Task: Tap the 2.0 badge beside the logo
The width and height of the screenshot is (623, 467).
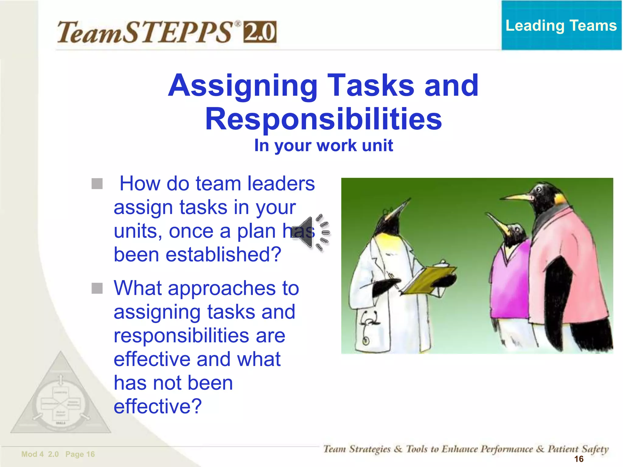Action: (x=260, y=32)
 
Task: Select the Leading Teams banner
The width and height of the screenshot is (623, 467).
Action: (x=561, y=25)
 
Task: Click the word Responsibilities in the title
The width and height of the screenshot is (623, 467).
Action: (x=323, y=119)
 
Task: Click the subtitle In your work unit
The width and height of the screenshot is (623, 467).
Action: (x=323, y=145)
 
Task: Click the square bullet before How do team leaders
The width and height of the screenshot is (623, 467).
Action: (x=97, y=184)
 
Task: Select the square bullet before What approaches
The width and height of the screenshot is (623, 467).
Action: (x=97, y=288)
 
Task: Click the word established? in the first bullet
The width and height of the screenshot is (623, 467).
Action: (x=198, y=254)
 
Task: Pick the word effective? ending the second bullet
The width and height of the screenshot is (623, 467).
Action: (x=158, y=406)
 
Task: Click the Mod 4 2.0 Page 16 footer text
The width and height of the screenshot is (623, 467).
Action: (x=58, y=454)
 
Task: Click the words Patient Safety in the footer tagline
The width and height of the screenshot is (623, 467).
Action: (x=578, y=449)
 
